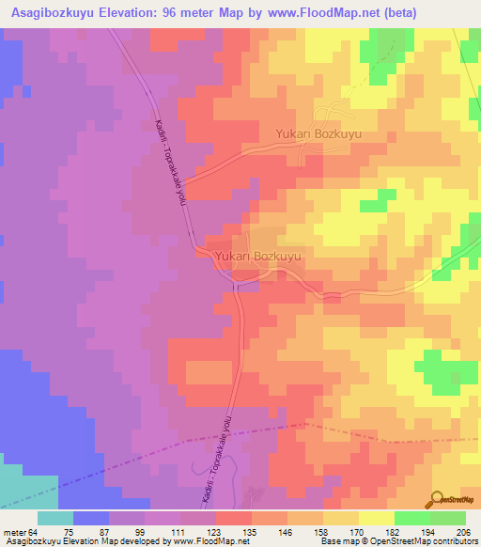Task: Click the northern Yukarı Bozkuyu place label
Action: coord(318,134)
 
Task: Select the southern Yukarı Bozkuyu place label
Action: coord(257,256)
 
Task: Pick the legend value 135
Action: coord(251,532)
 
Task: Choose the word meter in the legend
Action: coord(14,532)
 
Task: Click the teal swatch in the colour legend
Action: coord(55,518)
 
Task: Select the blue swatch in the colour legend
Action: coord(91,518)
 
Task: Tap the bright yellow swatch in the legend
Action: coord(377,518)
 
